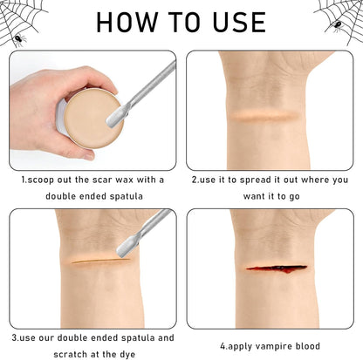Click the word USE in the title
click(239, 22)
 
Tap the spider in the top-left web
click(19, 40)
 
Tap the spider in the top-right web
click(338, 24)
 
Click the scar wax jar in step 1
click(90, 118)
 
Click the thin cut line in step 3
click(100, 261)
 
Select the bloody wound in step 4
click(276, 268)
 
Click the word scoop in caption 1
click(41, 180)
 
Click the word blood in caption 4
click(308, 346)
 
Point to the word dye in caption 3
click(127, 355)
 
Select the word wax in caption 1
click(125, 180)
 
